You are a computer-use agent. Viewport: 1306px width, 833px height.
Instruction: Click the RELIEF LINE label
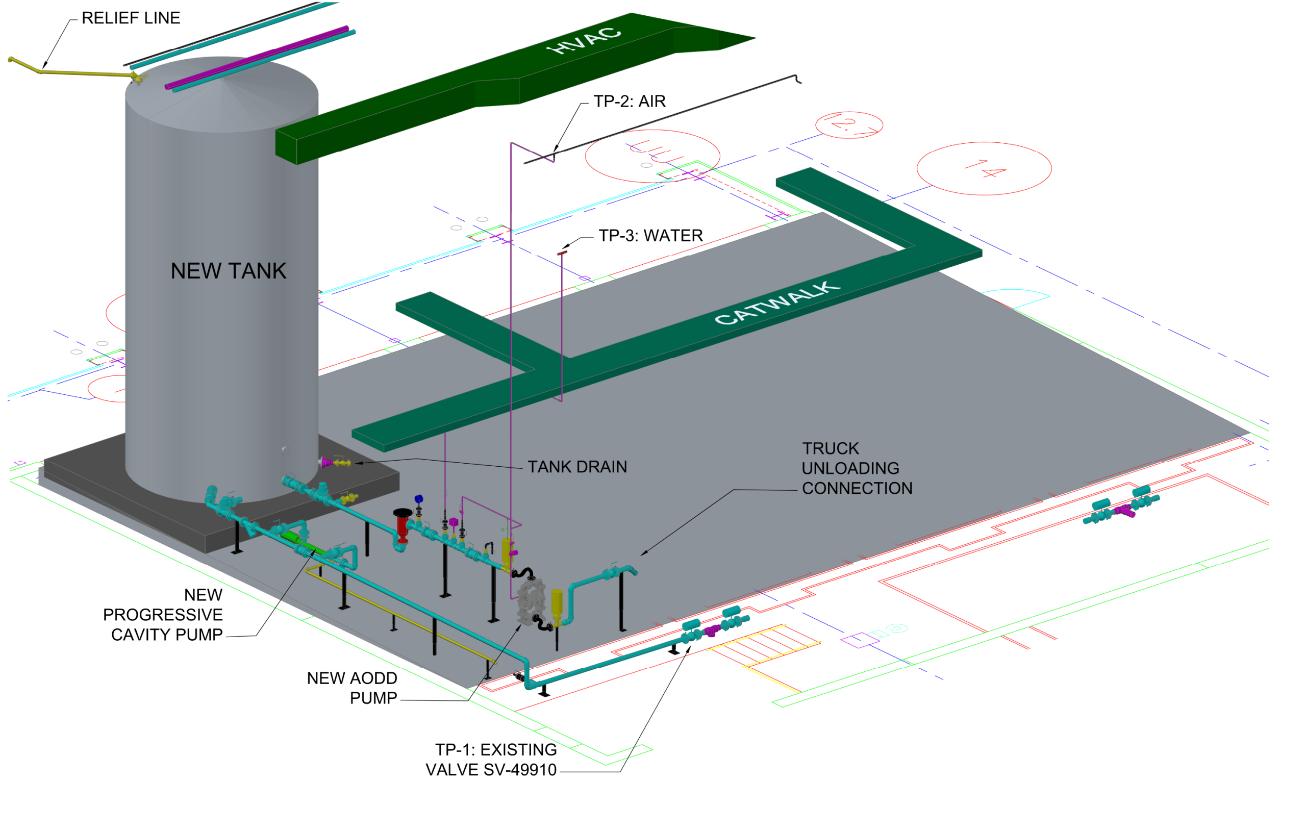[x=131, y=18]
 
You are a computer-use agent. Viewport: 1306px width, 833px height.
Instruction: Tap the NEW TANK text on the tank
[x=229, y=271]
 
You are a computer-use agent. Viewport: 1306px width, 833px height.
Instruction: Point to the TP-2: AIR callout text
[x=629, y=102]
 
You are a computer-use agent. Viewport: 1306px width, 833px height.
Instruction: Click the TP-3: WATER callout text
[x=650, y=236]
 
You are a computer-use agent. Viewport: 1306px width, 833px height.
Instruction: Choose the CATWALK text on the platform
[x=777, y=303]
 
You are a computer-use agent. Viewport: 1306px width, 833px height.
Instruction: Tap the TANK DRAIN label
[x=577, y=467]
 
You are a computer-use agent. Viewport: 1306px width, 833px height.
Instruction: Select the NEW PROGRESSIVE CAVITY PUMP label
[x=163, y=615]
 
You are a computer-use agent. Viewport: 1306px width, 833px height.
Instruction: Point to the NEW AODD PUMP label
[x=353, y=688]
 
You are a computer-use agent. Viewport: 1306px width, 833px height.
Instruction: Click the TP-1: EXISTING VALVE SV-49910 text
[x=491, y=760]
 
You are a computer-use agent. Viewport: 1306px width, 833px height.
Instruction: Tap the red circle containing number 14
[x=984, y=169]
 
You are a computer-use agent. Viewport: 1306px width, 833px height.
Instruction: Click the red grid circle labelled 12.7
[x=849, y=125]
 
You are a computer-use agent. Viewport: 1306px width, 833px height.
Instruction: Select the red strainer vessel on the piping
[x=403, y=524]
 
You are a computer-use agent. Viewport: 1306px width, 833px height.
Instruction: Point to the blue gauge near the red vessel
[x=418, y=499]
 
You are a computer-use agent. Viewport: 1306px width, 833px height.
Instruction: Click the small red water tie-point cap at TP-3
[x=562, y=253]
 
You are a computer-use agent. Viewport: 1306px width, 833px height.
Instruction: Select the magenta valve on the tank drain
[x=326, y=462]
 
